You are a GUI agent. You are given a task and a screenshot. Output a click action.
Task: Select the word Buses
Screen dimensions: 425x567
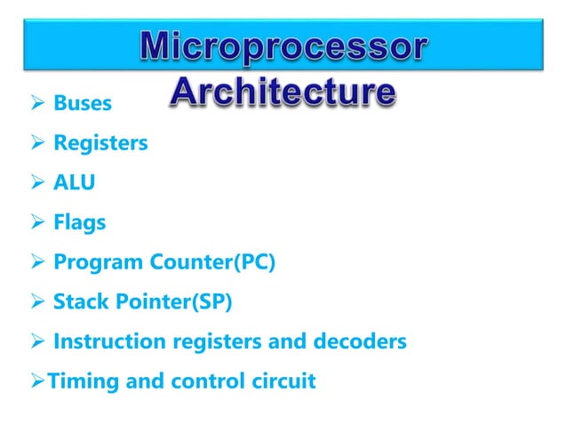[x=83, y=103]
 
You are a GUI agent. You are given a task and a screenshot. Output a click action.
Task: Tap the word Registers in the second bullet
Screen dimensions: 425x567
[x=100, y=142]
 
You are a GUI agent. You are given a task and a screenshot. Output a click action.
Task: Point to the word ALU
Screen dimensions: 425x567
[x=74, y=182]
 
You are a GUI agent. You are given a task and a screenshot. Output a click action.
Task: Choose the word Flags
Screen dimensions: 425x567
[x=79, y=222]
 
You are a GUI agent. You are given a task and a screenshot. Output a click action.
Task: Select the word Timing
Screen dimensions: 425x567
[x=76, y=382]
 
